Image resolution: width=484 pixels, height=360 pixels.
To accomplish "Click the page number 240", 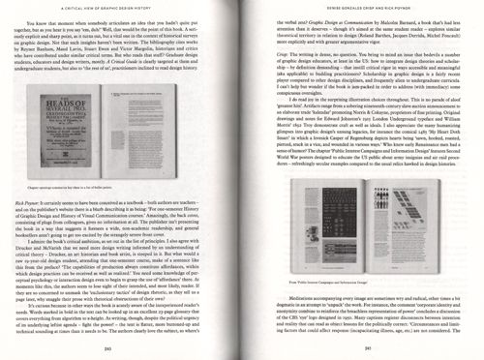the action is (x=123, y=348).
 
